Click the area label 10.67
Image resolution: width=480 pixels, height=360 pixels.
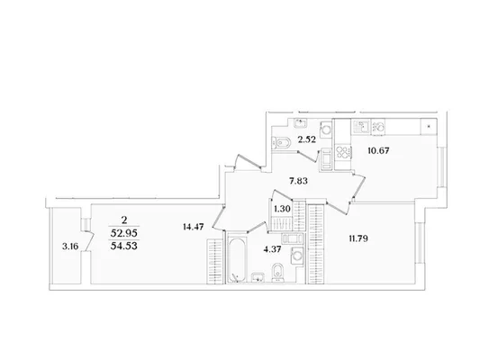[x=378, y=151]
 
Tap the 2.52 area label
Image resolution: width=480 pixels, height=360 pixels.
[x=306, y=139]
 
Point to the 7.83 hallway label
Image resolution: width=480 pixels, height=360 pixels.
[x=298, y=182]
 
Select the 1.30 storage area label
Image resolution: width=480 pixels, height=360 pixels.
[x=282, y=209]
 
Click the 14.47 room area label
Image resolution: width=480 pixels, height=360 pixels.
[x=193, y=227]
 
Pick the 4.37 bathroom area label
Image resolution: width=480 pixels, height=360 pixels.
[x=272, y=249]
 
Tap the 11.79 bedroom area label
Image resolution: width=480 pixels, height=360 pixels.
[x=358, y=238]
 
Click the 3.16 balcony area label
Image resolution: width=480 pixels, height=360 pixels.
[x=70, y=247]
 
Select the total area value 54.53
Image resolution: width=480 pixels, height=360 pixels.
[x=124, y=246]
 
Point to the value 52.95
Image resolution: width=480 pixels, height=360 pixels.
[x=124, y=233]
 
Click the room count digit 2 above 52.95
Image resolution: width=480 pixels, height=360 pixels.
[x=124, y=220]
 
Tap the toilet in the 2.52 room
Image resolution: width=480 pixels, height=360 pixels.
[x=281, y=142]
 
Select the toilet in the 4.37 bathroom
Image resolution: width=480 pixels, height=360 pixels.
[x=278, y=272]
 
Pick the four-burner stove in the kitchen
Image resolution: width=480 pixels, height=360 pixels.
[x=343, y=152]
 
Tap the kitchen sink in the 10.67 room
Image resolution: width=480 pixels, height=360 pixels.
[x=361, y=127]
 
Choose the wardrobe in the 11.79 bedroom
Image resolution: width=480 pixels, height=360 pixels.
[x=315, y=244]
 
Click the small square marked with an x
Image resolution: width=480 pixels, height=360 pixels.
[x=429, y=126]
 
